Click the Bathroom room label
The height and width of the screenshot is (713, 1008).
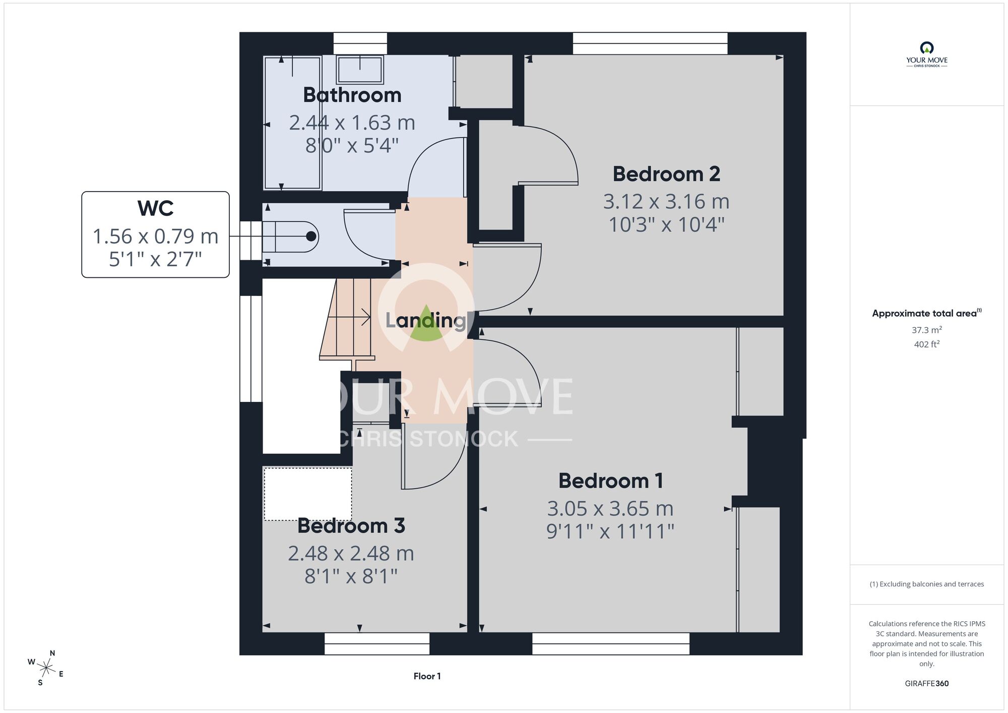click(352, 95)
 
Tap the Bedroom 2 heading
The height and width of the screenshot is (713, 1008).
click(666, 174)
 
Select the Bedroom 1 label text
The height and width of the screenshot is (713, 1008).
click(611, 481)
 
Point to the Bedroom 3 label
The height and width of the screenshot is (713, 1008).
click(351, 525)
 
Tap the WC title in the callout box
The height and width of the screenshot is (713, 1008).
click(155, 208)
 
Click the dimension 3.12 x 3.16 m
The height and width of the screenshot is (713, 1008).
click(666, 202)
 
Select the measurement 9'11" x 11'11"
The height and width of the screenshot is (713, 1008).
click(610, 531)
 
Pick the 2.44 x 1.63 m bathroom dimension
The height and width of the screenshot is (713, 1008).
click(352, 123)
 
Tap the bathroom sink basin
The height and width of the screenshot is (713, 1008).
click(360, 69)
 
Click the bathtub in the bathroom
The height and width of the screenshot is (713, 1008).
click(292, 123)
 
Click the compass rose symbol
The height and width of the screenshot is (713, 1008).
click(46, 669)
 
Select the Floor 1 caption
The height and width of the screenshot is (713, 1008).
click(427, 676)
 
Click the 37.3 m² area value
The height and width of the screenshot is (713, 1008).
click(926, 330)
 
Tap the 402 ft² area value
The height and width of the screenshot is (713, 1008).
click(926, 344)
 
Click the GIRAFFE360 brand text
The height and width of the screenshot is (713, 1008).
click(926, 684)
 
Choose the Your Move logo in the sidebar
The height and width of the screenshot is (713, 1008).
click(926, 54)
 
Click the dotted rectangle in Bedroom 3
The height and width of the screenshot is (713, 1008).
click(308, 494)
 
